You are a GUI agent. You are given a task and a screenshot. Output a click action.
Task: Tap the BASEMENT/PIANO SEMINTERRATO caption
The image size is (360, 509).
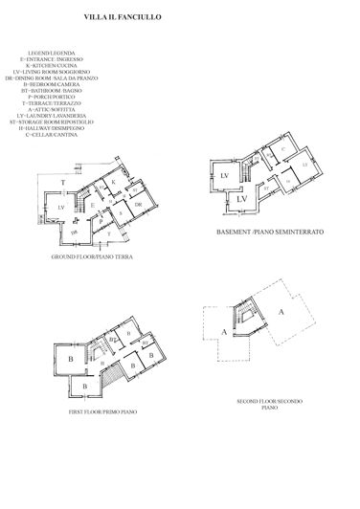[269, 232]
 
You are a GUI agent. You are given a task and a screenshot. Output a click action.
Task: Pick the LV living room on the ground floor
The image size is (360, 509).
[60, 206]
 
